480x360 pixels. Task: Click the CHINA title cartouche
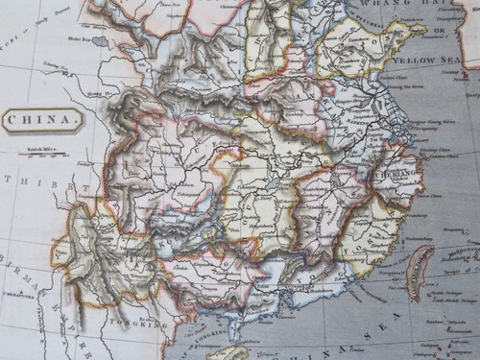[x=41, y=120]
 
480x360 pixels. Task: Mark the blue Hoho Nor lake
[x=100, y=42]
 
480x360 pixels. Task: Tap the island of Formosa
[x=420, y=272]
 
